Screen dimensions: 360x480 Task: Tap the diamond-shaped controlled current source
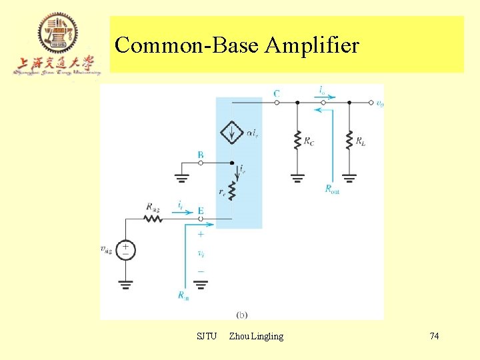coord(232,133)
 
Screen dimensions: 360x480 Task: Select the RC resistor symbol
coord(297,140)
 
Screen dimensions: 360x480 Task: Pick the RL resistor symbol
coord(349,140)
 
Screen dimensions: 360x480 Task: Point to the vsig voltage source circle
coord(125,250)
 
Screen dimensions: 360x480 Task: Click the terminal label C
coord(276,94)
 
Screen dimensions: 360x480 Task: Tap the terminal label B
coord(200,155)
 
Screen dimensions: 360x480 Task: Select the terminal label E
coord(200,211)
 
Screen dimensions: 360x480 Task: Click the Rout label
coord(332,189)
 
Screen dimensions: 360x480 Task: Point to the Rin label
coord(183,296)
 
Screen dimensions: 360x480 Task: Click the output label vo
coord(379,103)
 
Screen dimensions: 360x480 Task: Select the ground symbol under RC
coord(297,177)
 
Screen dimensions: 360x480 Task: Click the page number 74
coord(434,336)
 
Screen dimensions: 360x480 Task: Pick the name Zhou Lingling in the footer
coord(256,336)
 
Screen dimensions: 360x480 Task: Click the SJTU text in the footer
coord(207,336)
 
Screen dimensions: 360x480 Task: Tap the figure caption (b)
coord(242,313)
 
